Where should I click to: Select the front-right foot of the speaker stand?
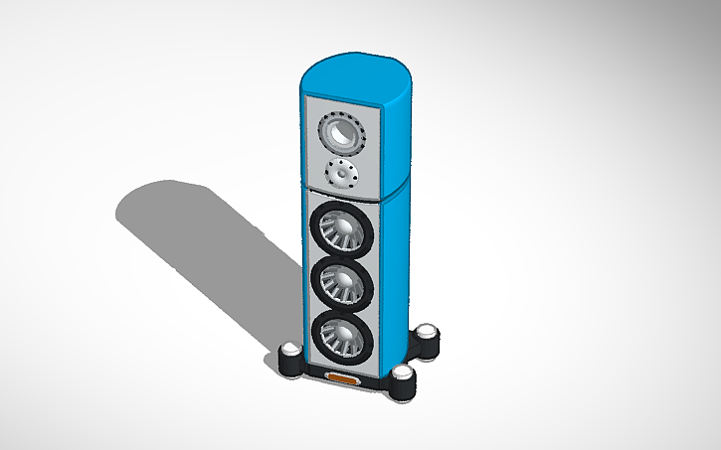[402, 381]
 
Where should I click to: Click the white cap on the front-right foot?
[402, 374]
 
